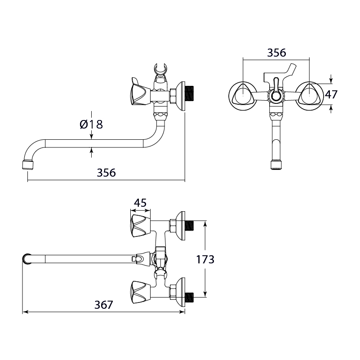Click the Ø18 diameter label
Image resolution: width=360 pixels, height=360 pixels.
(x=91, y=124)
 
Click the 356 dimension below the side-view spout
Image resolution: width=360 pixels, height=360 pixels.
(x=107, y=173)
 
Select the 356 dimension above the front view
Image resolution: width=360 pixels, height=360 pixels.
(x=276, y=53)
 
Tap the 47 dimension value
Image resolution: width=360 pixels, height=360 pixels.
(x=331, y=94)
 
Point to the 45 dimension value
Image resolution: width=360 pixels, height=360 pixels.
(x=140, y=203)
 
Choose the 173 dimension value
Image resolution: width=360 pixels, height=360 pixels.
(x=205, y=259)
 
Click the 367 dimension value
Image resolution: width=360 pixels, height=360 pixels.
(x=104, y=305)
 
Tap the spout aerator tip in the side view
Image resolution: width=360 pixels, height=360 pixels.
(x=28, y=165)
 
